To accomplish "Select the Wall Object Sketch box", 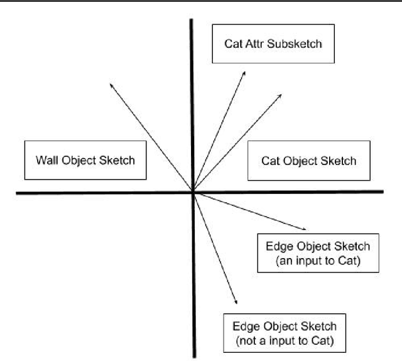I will [85, 160].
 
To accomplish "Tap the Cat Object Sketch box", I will [308, 161].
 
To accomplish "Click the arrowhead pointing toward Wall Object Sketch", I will [111, 84].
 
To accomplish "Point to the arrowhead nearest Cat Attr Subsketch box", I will [244, 72].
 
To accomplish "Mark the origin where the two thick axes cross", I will [192, 192].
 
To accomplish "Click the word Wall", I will [47, 160].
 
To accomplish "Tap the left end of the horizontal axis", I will [18, 192].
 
